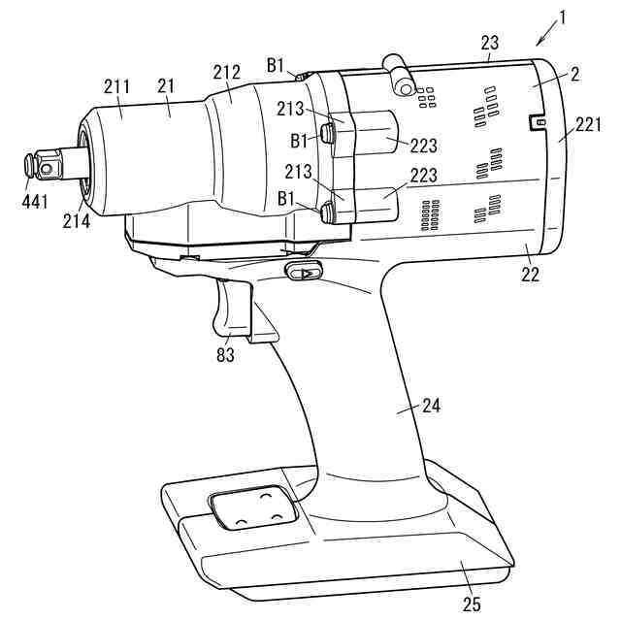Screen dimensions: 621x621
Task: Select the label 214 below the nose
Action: [x=77, y=221]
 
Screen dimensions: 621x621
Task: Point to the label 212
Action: [x=226, y=71]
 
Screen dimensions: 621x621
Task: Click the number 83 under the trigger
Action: [x=226, y=355]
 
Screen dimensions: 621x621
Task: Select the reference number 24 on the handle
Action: [x=430, y=406]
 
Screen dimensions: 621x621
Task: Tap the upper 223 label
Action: [x=423, y=147]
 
